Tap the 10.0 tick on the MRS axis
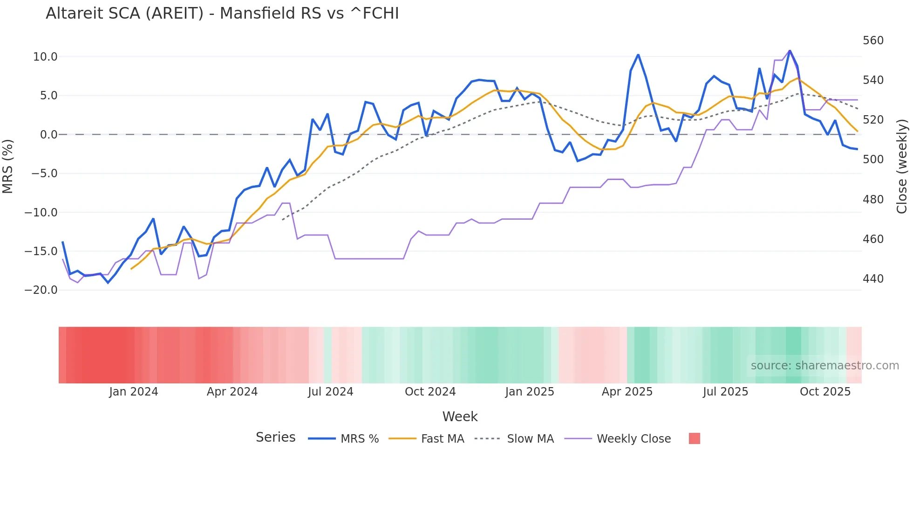pos(45,57)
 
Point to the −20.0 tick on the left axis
pos(41,290)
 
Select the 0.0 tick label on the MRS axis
pos(48,135)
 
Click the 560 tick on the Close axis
pos(873,41)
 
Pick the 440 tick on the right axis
pos(873,279)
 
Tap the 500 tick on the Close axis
pos(873,160)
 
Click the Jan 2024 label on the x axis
pos(134,392)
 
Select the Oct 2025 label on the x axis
pos(825,392)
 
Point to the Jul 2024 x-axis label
pos(330,392)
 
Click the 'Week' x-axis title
pos(460,417)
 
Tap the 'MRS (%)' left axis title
pos(8,166)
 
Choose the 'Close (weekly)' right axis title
pos(902,166)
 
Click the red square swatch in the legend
pos(695,438)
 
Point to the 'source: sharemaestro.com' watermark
pos(824,366)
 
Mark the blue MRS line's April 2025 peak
pos(638,55)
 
